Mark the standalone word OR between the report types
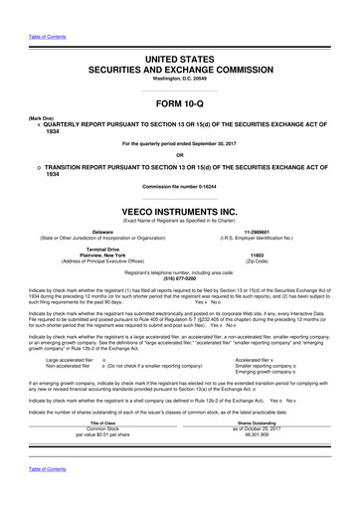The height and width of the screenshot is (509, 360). pyautogui.click(x=179, y=153)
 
